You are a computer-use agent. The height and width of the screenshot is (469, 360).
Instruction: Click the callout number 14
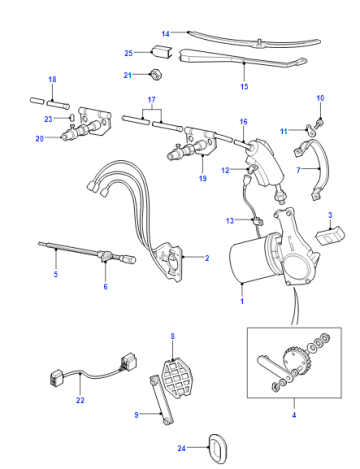click(166, 34)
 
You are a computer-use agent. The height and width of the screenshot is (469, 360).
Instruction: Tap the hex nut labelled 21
click(156, 75)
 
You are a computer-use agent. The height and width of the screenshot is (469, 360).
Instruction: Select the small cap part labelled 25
click(161, 52)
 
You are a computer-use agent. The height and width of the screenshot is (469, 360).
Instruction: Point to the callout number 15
click(244, 87)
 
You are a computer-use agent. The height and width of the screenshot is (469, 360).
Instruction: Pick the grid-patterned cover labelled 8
click(176, 377)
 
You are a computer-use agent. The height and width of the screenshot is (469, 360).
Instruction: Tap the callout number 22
click(80, 400)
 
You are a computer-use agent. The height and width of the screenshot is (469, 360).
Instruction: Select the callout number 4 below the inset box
click(294, 415)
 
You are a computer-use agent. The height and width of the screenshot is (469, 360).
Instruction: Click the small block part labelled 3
click(330, 234)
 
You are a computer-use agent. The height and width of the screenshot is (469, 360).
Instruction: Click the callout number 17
click(152, 100)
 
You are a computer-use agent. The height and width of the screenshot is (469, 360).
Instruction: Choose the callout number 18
click(52, 79)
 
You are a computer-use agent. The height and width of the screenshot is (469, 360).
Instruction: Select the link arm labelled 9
click(161, 400)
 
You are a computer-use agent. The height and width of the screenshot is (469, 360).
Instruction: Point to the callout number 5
click(56, 274)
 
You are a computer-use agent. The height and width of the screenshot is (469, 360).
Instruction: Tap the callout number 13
click(230, 221)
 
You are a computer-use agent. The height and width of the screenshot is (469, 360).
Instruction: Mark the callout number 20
click(40, 138)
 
